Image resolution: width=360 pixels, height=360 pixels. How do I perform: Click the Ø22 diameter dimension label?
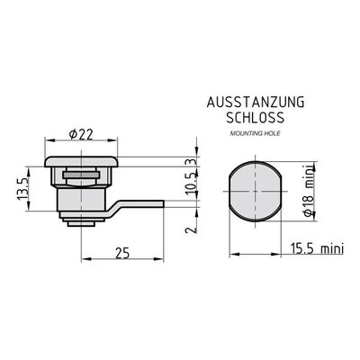(81, 135)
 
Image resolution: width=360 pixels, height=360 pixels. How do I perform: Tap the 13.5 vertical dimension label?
(22, 188)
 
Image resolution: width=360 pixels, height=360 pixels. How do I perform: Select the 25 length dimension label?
(122, 253)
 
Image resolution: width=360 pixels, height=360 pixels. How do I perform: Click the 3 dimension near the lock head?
(191, 162)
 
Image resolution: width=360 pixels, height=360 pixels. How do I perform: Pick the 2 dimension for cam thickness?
(192, 229)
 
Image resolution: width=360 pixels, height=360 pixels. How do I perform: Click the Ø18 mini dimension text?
(309, 190)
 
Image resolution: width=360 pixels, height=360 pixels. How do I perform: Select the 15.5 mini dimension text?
(317, 248)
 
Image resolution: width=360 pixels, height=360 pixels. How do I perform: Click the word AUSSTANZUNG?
(256, 103)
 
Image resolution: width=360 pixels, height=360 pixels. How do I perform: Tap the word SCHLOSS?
(255, 118)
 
